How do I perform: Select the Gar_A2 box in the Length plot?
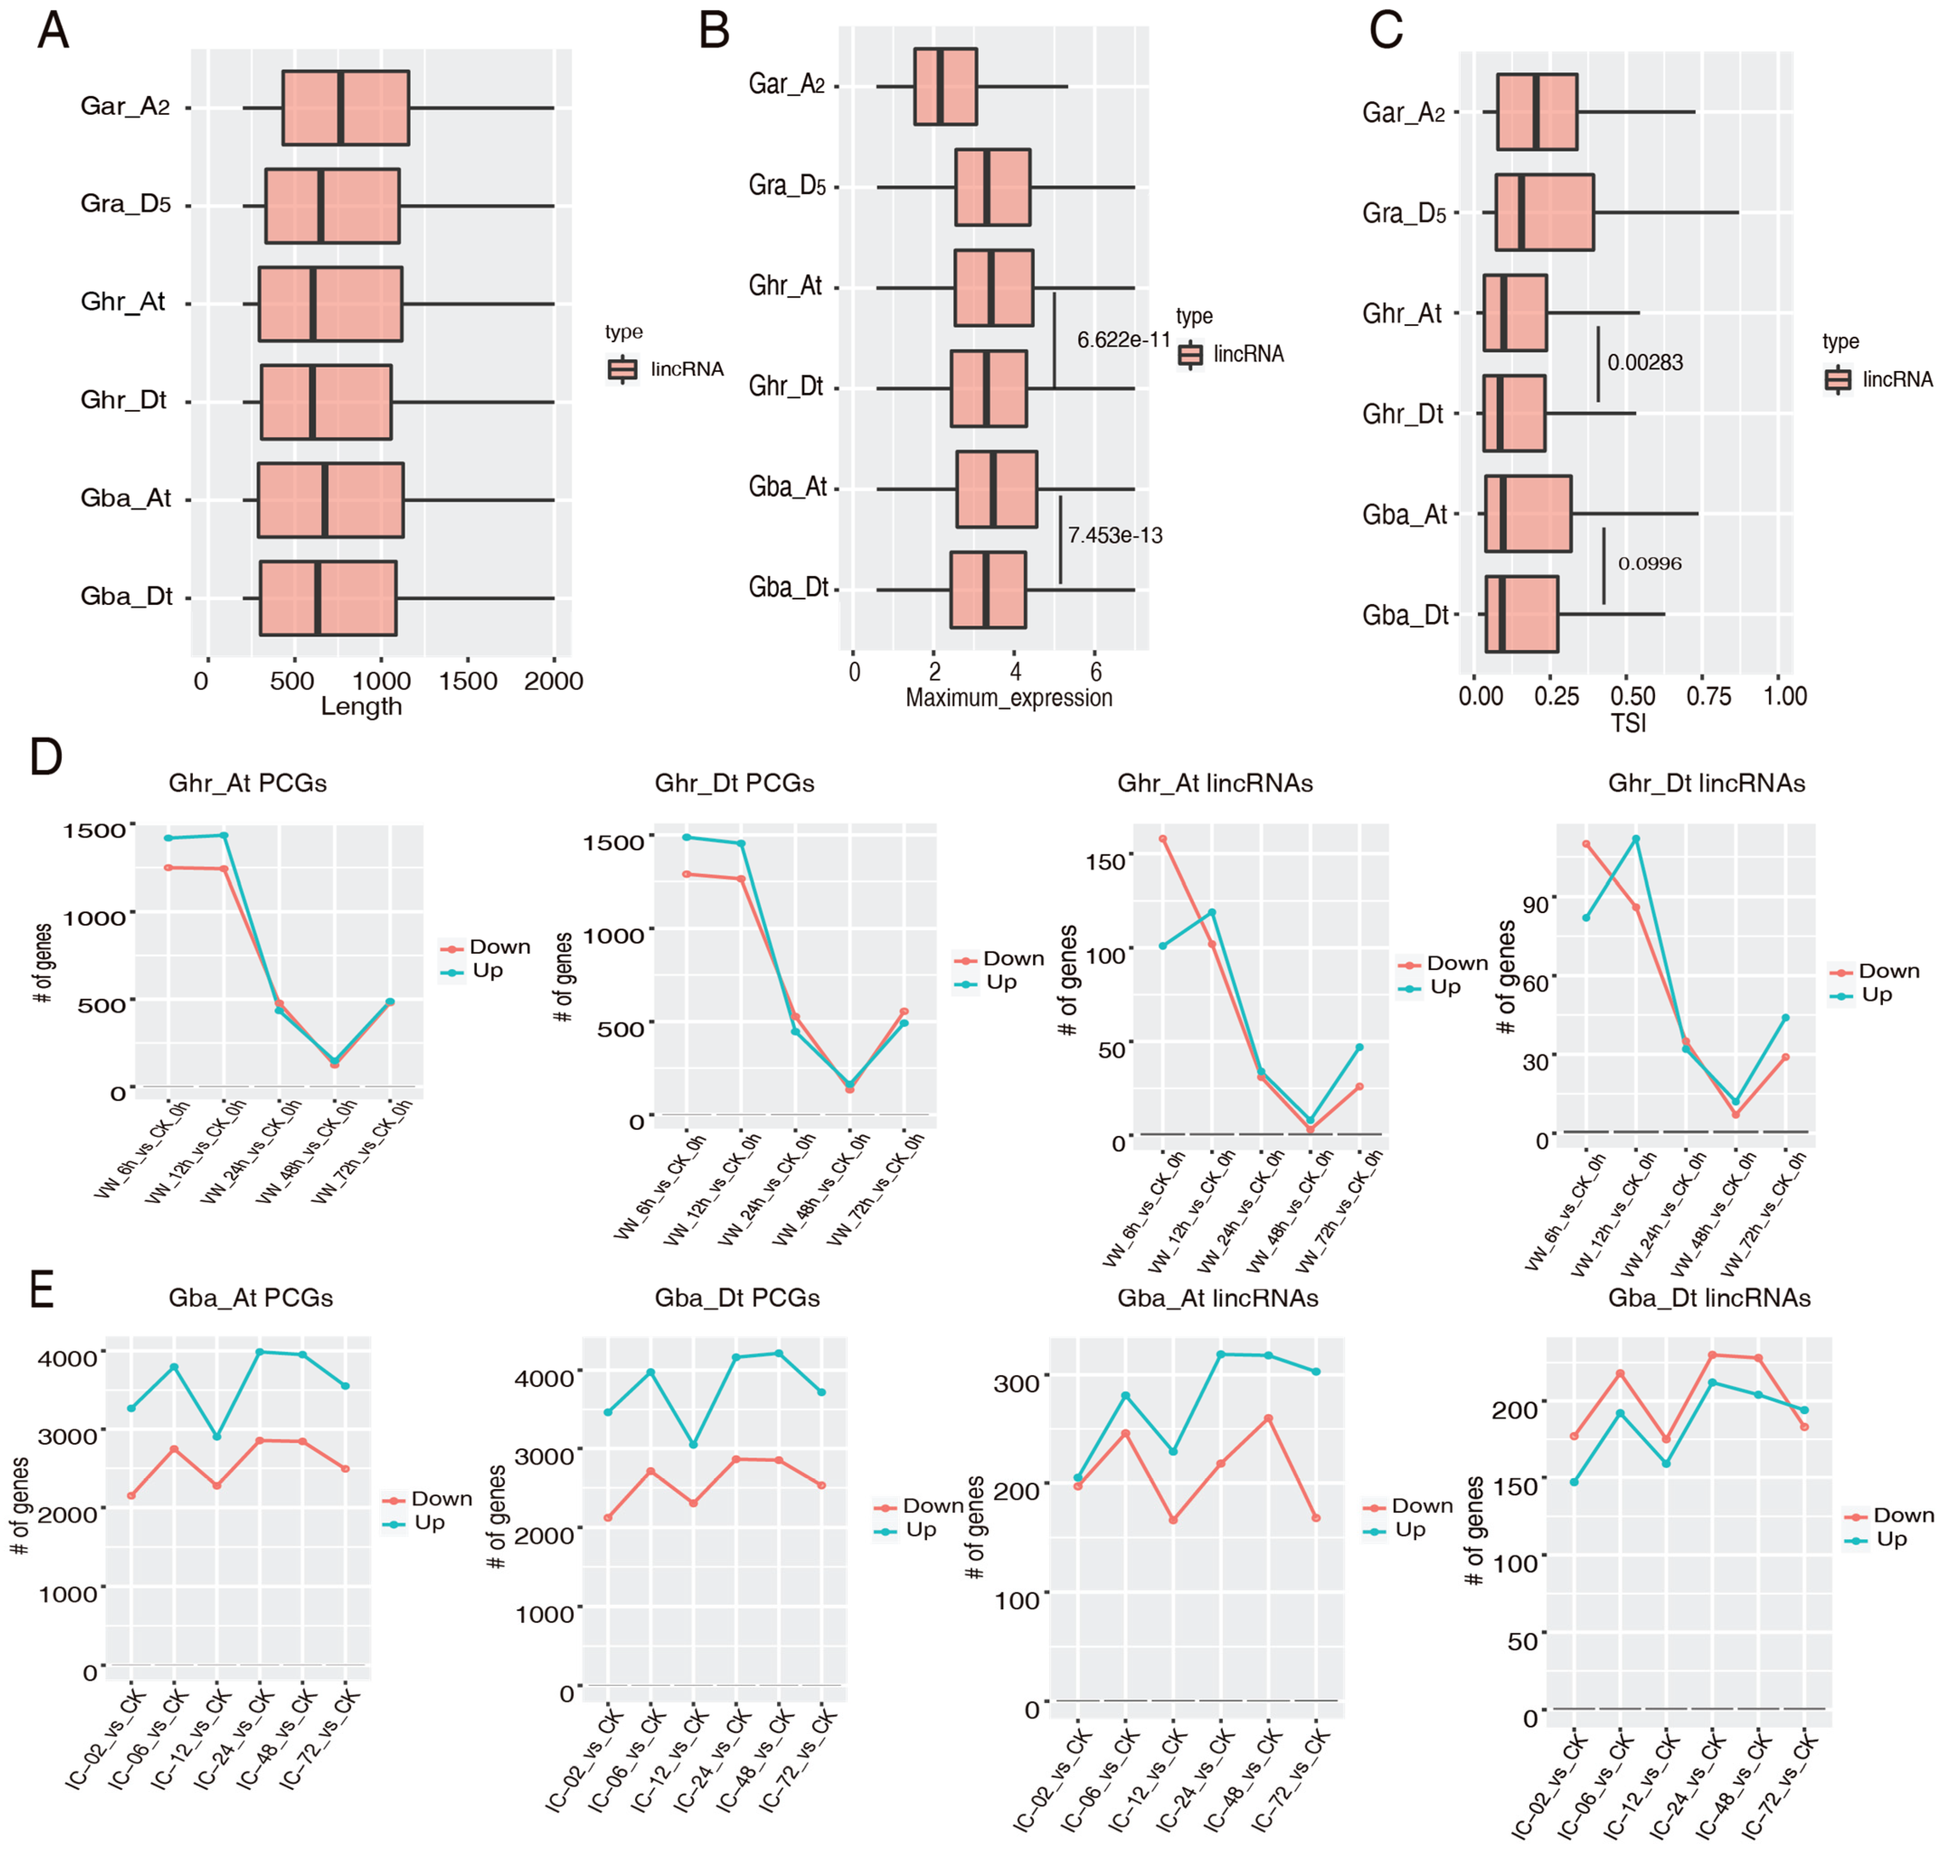point(345,108)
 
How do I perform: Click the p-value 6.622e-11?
point(1124,339)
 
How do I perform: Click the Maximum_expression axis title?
point(1009,698)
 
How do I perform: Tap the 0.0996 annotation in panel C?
point(1650,564)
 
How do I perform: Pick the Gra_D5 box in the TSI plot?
point(1544,212)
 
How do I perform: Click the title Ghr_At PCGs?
point(248,783)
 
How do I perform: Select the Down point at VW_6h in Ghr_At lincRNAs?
point(1163,839)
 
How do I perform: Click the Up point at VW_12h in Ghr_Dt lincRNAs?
point(1636,839)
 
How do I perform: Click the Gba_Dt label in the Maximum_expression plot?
point(788,587)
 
